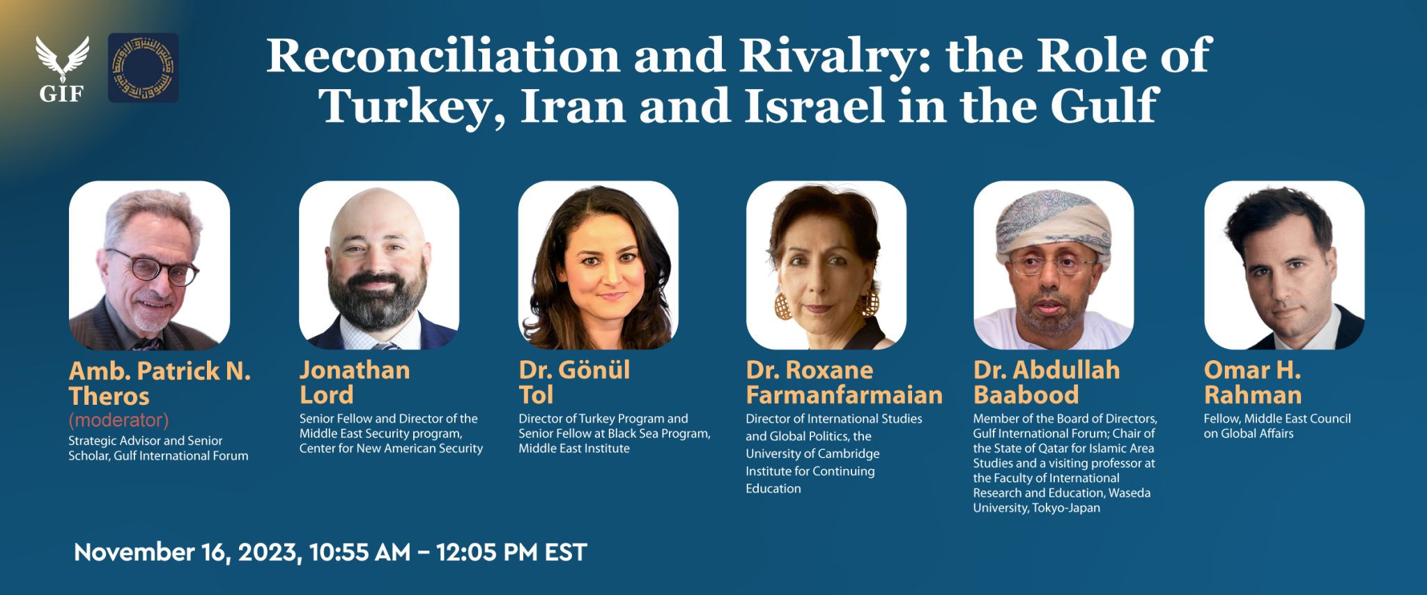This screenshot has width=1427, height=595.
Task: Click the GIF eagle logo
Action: point(62,68)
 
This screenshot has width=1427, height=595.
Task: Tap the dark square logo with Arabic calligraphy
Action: point(143,68)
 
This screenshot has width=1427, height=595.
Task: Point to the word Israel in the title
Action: point(815,107)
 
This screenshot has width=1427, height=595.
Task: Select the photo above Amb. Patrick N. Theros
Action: point(149,265)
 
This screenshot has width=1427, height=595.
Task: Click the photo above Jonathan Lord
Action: point(379,265)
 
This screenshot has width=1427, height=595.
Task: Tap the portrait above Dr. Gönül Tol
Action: point(598,265)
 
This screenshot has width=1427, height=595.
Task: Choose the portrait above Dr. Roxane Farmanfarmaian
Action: point(826,265)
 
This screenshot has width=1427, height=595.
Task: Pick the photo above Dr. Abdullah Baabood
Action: point(1054,265)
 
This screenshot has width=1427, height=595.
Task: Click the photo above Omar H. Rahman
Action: point(1284,265)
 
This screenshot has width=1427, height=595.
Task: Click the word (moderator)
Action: point(118,420)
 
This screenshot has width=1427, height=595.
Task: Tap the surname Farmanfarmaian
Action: point(844,396)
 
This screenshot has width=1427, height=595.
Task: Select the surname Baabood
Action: point(1026,396)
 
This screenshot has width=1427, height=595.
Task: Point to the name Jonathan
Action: point(355,370)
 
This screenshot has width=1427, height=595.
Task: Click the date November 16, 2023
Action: point(187,552)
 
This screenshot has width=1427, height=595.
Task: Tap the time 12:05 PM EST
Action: point(511,552)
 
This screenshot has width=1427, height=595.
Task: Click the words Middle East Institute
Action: point(574,449)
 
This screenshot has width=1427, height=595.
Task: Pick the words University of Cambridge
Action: point(812,454)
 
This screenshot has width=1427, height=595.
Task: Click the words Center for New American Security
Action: point(391,449)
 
